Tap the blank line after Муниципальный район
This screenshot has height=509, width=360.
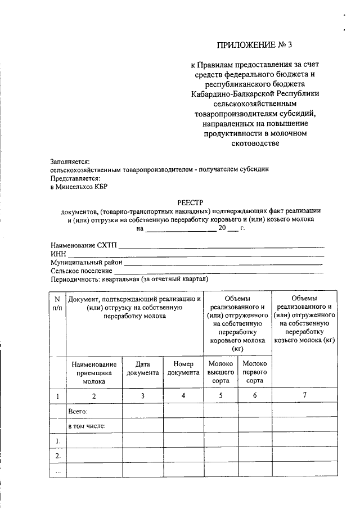223,263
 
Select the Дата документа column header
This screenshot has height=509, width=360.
143,368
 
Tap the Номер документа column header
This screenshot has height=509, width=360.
183,368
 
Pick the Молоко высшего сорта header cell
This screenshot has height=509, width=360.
220,372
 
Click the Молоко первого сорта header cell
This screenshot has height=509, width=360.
255,372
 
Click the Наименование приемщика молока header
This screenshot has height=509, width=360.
94,372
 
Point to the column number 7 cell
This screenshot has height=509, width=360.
305,396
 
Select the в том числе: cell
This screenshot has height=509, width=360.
87,426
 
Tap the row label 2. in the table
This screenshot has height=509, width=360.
57,456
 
